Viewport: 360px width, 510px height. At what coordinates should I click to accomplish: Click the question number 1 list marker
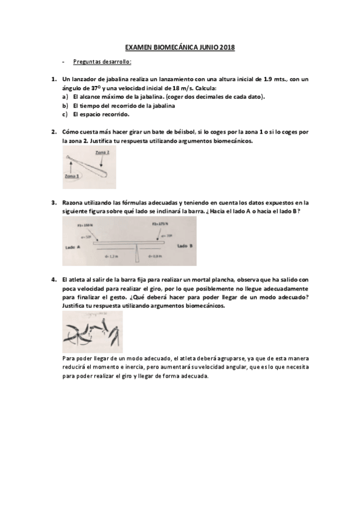(x=53, y=79)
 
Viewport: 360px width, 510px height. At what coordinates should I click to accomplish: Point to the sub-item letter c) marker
(x=64, y=114)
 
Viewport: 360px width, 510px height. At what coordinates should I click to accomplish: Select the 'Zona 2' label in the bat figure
(x=102, y=153)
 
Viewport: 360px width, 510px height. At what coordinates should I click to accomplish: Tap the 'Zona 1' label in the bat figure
(x=73, y=176)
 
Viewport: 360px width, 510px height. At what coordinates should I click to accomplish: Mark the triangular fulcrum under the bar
(x=139, y=253)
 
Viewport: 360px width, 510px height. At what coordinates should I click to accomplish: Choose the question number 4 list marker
(x=53, y=280)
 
